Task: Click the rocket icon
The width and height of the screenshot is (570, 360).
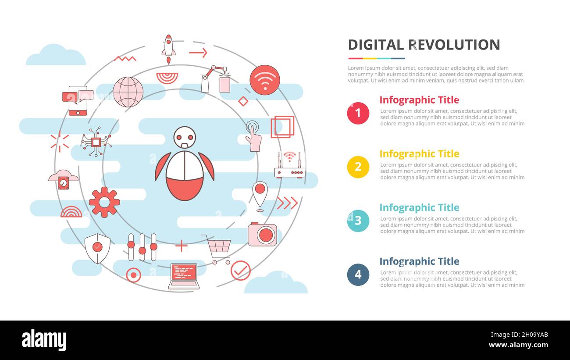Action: pos(168,49)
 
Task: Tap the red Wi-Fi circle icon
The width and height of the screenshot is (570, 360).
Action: pos(265,80)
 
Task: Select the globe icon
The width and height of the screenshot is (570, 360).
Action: pos(128,92)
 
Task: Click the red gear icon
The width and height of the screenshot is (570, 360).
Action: pos(104,202)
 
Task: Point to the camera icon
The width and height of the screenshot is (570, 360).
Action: pos(262,234)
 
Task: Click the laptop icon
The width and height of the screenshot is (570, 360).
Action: pos(184,276)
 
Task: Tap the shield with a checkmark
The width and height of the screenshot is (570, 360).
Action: pos(97,248)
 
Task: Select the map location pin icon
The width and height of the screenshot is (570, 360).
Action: pos(260,196)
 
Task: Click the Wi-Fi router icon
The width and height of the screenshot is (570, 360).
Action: pos(289,165)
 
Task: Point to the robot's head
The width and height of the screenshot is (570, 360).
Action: pos(185,137)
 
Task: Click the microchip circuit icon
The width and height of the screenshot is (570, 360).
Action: pos(96,142)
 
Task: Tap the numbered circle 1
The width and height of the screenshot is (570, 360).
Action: pos(358,113)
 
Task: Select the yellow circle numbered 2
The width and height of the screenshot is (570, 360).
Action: pos(358,167)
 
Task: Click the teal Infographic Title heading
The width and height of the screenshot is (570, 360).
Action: pos(419,207)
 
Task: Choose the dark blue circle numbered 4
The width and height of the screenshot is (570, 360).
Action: pos(358,274)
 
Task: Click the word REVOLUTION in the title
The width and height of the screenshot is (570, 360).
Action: pos(454,45)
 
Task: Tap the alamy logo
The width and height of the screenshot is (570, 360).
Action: pos(44,340)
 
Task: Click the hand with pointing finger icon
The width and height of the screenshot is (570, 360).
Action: pos(253,136)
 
